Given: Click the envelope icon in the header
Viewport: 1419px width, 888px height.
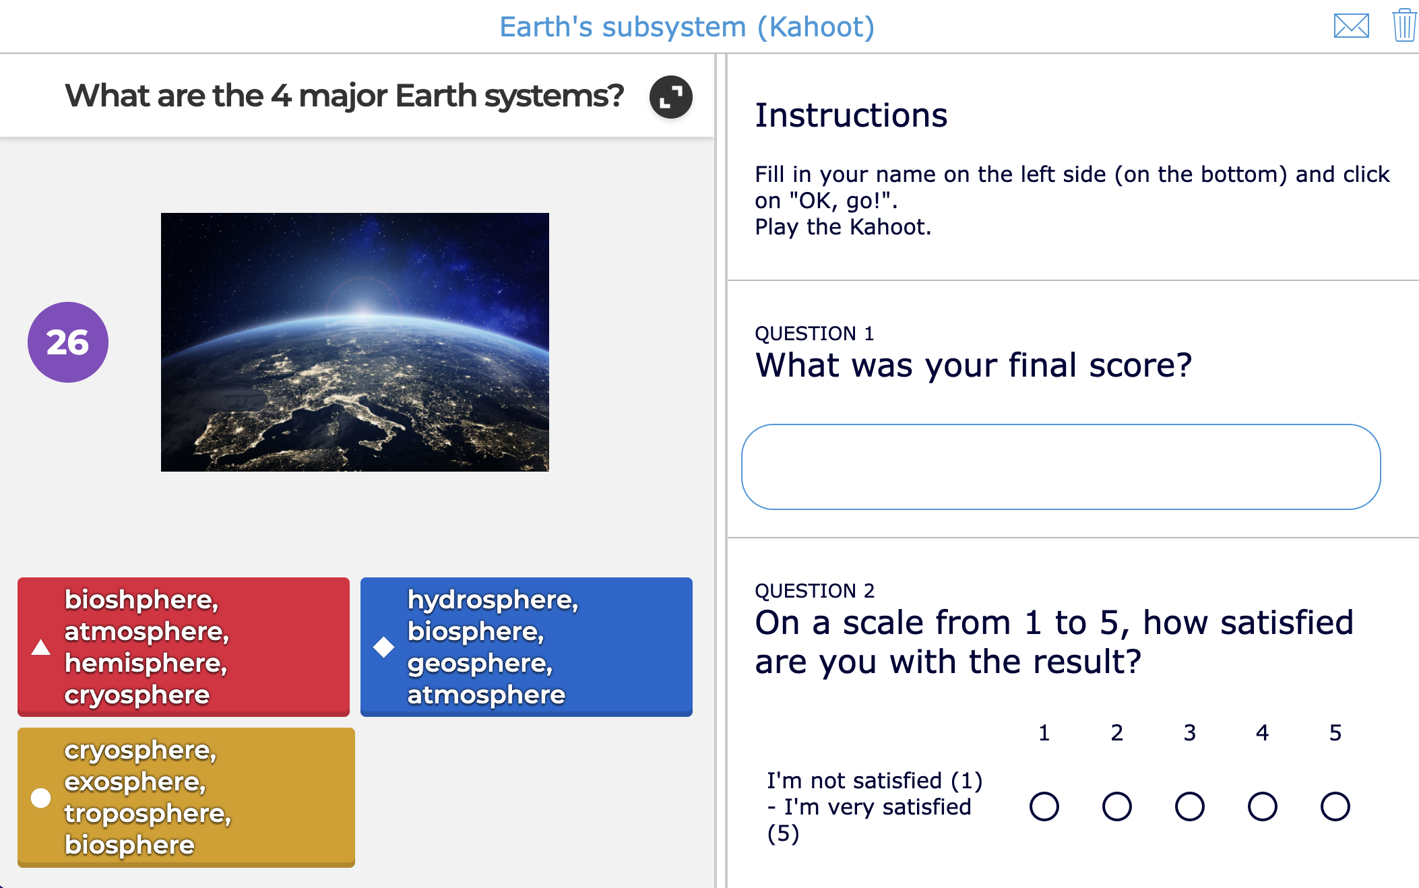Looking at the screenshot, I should pyautogui.click(x=1351, y=26).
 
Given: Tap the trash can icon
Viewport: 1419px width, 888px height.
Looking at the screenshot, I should pyautogui.click(x=1404, y=26).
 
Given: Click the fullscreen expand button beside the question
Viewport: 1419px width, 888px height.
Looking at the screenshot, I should pyautogui.click(x=670, y=97).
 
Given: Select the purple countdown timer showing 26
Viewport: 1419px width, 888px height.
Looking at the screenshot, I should pyautogui.click(x=68, y=342).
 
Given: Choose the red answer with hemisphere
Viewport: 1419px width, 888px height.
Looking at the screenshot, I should pyautogui.click(x=183, y=646).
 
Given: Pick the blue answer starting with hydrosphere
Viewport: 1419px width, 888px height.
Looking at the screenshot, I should pyautogui.click(x=526, y=646).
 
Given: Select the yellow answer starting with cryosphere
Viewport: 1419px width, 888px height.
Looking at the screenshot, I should pyautogui.click(x=186, y=797).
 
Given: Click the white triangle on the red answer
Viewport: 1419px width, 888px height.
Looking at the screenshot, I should pyautogui.click(x=41, y=647).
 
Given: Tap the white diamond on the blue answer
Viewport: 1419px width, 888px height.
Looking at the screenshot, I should pyautogui.click(x=384, y=647).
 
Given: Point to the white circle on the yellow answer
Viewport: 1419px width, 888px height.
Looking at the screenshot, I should pyautogui.click(x=41, y=798).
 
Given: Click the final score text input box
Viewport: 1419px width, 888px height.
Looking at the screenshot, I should pyautogui.click(x=1061, y=467).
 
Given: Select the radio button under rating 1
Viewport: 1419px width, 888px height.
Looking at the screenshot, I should pyautogui.click(x=1044, y=806).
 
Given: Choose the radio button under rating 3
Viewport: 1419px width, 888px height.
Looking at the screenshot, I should pyautogui.click(x=1189, y=806).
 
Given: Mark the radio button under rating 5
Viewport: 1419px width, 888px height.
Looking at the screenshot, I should pyautogui.click(x=1335, y=806).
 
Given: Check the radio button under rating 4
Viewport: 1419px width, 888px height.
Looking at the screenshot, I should pyautogui.click(x=1262, y=806).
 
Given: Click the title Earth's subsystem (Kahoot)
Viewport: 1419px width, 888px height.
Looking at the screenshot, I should pyautogui.click(x=687, y=27).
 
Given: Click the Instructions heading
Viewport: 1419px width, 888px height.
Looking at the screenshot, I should pyautogui.click(x=851, y=115).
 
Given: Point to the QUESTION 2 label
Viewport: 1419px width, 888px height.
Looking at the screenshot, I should pyautogui.click(x=814, y=591).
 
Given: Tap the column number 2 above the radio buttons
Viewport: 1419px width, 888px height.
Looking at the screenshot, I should pyautogui.click(x=1116, y=732).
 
